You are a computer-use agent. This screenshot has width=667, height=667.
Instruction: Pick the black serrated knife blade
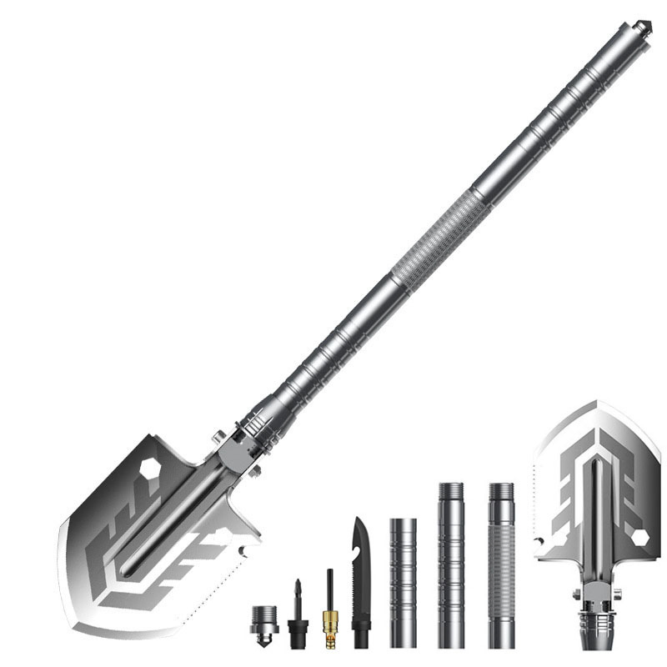pyautogui.click(x=361, y=584)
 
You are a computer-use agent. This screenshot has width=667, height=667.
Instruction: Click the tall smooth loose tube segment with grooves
pyautogui.click(x=450, y=563)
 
